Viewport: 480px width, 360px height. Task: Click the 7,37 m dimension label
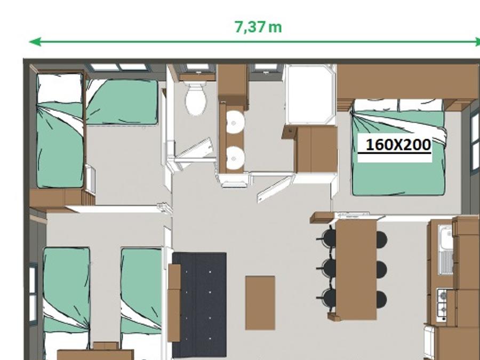click(258, 27)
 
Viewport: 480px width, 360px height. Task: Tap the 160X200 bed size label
click(398, 145)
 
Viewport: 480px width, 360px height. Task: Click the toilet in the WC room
click(195, 99)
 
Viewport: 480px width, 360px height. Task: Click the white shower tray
click(310, 94)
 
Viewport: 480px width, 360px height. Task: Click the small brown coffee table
click(260, 303)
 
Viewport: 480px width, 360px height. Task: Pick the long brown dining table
click(356, 270)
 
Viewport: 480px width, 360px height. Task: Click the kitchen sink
click(446, 250)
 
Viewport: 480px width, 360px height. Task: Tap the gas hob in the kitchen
click(441, 305)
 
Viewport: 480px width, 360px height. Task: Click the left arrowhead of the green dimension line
click(35, 42)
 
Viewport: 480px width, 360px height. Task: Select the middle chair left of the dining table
click(327, 268)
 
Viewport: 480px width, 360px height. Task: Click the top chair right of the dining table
click(381, 239)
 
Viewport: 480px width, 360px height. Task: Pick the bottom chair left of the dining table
click(327, 298)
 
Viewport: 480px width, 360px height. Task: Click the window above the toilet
click(197, 67)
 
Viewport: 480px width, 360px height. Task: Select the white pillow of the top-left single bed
click(59, 89)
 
